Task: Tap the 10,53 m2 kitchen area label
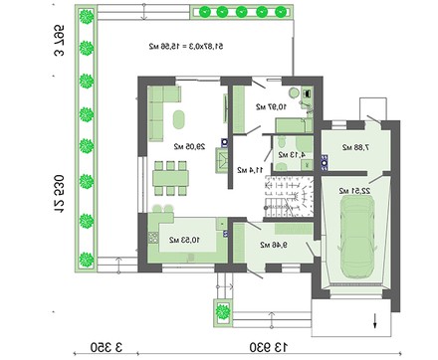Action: pyautogui.click(x=180, y=240)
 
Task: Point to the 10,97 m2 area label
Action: pyautogui.click(x=269, y=106)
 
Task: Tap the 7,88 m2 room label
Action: pyautogui.click(x=352, y=148)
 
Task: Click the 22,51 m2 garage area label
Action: pyautogui.click(x=354, y=190)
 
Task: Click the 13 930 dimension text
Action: pyautogui.click(x=270, y=346)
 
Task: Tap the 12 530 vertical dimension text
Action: pyautogui.click(x=59, y=194)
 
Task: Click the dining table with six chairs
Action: pyautogui.click(x=170, y=180)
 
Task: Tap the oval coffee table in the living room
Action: pyautogui.click(x=179, y=120)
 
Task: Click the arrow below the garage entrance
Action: pyautogui.click(x=374, y=319)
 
